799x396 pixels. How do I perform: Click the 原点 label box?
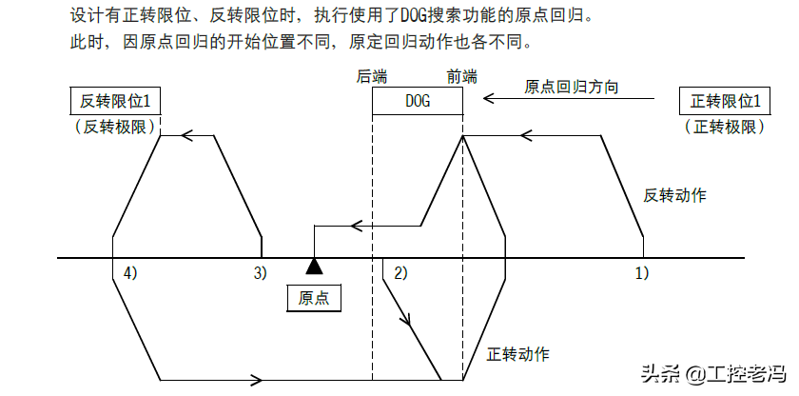[313, 298]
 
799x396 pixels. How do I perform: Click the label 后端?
[372, 76]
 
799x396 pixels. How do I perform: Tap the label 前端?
[462, 76]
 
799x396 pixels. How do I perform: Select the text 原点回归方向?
[572, 87]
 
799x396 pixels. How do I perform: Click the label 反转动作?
[674, 195]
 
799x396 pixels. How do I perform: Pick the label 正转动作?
[517, 354]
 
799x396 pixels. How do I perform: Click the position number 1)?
[641, 273]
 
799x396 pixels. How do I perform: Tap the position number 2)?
[399, 273]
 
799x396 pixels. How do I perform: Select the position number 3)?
[260, 273]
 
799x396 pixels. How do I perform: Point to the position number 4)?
[130, 273]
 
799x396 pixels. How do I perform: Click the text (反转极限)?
[115, 127]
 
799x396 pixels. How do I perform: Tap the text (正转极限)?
[724, 127]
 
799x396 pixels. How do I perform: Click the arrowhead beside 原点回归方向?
[489, 97]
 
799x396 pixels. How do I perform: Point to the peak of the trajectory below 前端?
[462, 136]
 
